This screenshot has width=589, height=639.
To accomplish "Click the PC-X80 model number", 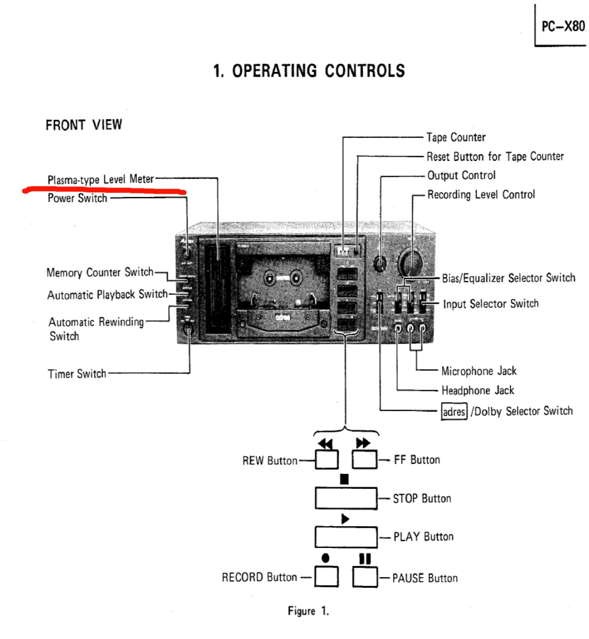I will coord(562,26).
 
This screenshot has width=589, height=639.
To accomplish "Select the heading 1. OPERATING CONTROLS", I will coord(309,71).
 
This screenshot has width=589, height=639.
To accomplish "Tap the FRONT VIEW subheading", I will coord(84,125).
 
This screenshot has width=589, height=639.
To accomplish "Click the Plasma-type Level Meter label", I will coord(101,179).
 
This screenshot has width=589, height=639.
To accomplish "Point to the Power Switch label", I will coord(77,199).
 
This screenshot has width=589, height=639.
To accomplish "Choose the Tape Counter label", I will coord(456,137).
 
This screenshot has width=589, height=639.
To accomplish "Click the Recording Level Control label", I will coord(481,195).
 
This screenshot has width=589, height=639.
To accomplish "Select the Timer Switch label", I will coord(77,374).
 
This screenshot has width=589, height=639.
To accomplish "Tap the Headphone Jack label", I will coord(478,390).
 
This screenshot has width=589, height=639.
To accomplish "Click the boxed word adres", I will coord(454,412).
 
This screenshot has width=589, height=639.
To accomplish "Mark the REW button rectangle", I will coord(326,460).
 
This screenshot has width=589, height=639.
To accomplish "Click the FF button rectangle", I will coord(365,459).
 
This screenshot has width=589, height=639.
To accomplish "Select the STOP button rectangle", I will coord(346,498).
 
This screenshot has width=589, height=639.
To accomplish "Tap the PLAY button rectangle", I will coord(346,537).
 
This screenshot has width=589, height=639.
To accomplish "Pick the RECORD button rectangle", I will coord(326,577).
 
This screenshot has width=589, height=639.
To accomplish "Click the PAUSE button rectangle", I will coord(365,577).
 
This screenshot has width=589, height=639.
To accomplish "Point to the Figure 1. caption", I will coord(308,611).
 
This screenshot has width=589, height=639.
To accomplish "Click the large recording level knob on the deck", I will coord(411,262).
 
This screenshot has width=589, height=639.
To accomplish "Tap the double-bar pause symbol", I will coord(365,559).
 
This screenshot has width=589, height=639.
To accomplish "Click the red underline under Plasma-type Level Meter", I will coord(104,190).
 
